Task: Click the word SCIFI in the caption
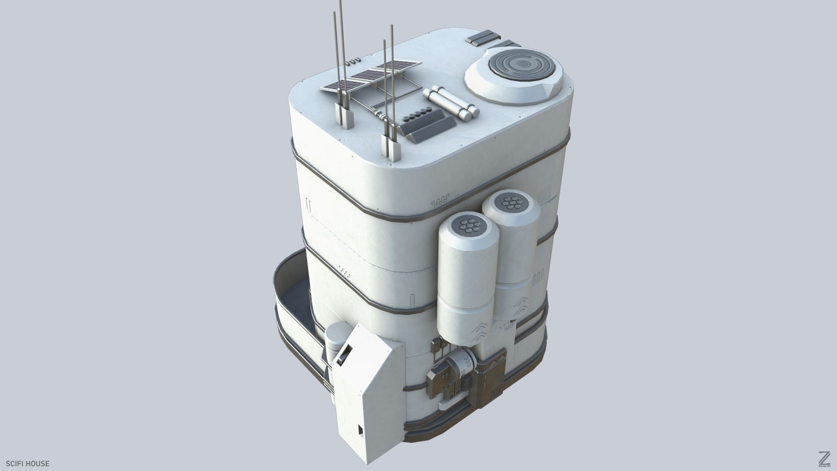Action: point(16,464)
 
